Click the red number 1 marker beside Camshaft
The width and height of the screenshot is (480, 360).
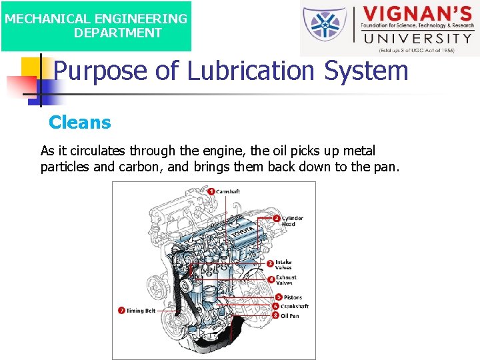click(211, 191)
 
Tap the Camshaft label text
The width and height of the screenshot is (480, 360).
click(228, 191)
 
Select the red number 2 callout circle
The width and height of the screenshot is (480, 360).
click(276, 218)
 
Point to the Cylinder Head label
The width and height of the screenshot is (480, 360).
click(292, 221)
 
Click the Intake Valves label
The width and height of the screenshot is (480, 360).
click(283, 265)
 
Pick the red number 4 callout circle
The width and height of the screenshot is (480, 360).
click(271, 280)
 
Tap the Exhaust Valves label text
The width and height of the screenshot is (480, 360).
click(286, 280)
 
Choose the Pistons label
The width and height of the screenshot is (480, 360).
click(293, 297)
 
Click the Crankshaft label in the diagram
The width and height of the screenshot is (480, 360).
click(295, 307)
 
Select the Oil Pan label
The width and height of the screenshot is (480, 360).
click(290, 315)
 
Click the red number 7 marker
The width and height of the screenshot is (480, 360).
click(121, 310)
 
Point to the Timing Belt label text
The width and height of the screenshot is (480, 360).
click(141, 310)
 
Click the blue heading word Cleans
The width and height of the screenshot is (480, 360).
click(80, 123)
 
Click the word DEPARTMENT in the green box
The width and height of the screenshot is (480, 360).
click(117, 33)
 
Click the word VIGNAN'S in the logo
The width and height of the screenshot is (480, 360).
click(416, 15)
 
